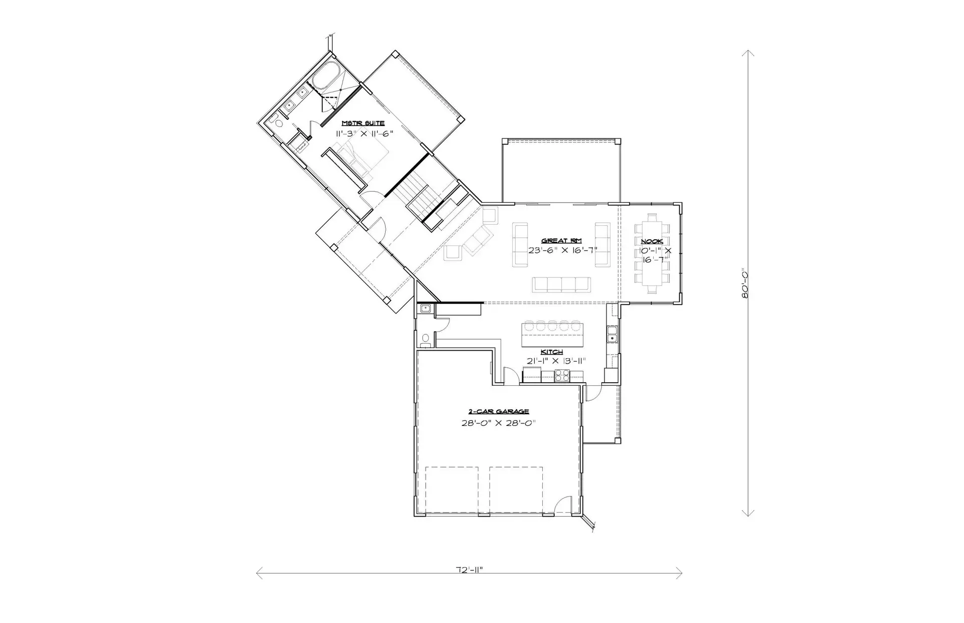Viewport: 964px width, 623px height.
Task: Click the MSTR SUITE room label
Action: pos(363,123)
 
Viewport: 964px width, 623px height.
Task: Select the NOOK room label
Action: pos(652,242)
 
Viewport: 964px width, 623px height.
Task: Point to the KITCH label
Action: pos(551,352)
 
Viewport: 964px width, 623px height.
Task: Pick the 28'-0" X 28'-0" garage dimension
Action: pos(499,423)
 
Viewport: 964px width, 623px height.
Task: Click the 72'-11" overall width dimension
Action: pos(469,570)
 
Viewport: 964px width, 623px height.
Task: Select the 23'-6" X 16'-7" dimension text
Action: pos(562,250)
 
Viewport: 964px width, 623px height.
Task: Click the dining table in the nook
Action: pos(652,253)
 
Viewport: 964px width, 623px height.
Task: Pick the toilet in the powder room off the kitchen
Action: pos(426,339)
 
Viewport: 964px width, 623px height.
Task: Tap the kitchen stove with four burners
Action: pos(561,376)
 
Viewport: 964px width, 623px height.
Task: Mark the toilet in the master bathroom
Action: pos(276,120)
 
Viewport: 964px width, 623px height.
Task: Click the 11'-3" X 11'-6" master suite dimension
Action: pos(364,133)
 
